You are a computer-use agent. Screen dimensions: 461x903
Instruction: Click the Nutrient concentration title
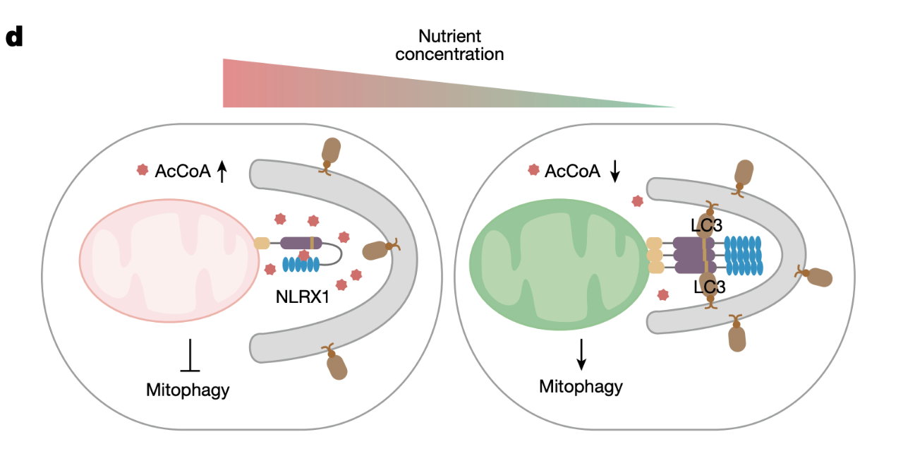449,44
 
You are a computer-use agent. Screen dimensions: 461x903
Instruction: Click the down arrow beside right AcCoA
614,171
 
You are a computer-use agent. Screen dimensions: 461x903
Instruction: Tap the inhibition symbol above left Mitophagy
190,356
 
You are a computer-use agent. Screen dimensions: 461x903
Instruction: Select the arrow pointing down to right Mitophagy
581,354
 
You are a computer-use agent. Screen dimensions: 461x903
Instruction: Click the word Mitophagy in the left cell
188,389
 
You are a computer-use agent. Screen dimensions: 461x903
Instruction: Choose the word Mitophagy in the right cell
581,386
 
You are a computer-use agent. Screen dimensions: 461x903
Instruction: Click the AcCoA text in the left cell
183,171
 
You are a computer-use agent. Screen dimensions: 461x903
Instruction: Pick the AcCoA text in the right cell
572,171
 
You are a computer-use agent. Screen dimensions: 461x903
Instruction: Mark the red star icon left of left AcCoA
143,169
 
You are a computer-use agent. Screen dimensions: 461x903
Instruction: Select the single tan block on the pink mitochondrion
262,244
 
